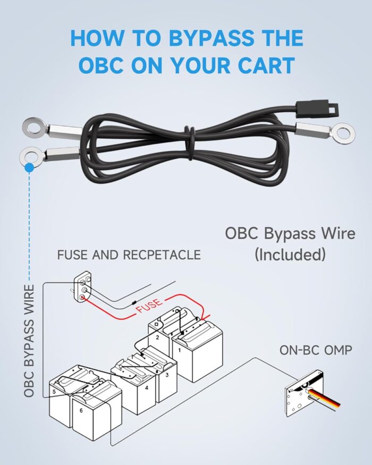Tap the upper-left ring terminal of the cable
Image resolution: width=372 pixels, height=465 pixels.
[x=33, y=126]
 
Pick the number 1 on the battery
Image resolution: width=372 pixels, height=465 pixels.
[x=179, y=350]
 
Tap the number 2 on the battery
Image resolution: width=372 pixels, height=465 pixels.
[x=157, y=337]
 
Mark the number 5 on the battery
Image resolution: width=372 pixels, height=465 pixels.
[x=54, y=392]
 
